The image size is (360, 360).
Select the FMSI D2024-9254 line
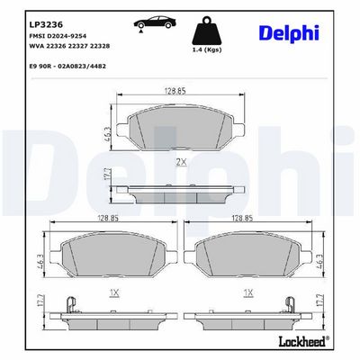tap(58, 36)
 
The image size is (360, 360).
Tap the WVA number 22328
tap(100, 46)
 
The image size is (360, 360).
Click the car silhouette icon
tap(155, 22)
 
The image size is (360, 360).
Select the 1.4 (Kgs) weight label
tap(207, 49)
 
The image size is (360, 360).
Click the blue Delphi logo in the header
tap(289, 32)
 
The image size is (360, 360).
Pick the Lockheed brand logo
tap(304, 341)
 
